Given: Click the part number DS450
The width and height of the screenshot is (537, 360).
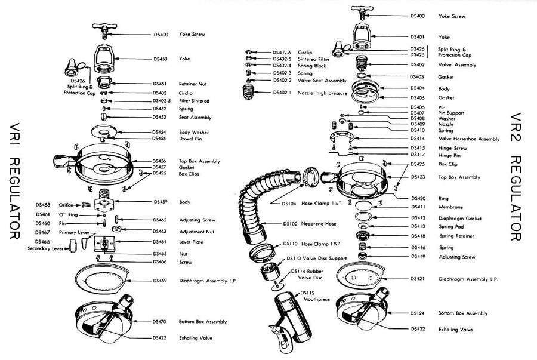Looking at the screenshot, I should [x=159, y=59].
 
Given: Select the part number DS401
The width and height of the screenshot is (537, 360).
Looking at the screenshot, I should [x=418, y=36].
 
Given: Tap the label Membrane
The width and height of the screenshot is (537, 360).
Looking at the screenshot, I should [x=452, y=207].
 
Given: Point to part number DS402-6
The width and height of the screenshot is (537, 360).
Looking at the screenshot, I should [x=282, y=53].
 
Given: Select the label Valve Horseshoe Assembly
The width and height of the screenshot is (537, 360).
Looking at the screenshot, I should [x=468, y=139].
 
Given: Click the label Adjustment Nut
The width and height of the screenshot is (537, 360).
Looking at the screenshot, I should [x=196, y=230].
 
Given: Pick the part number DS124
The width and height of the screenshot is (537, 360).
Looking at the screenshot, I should [x=418, y=313].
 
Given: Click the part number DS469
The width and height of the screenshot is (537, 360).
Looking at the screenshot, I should [x=159, y=281].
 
